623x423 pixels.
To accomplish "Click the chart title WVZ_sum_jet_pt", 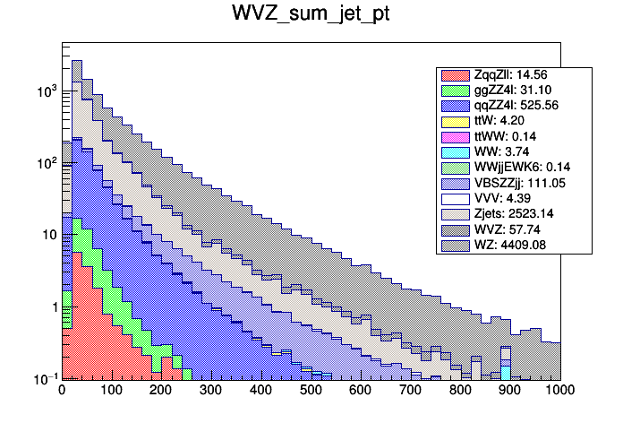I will [x=311, y=15].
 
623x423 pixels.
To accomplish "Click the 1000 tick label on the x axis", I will [x=559, y=391].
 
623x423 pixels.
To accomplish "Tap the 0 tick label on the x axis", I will [x=62, y=391].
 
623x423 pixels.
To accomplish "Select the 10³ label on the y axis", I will [x=45, y=91].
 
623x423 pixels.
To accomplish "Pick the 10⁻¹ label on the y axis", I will [x=45, y=379].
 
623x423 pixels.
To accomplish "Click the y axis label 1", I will [x=51, y=307].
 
